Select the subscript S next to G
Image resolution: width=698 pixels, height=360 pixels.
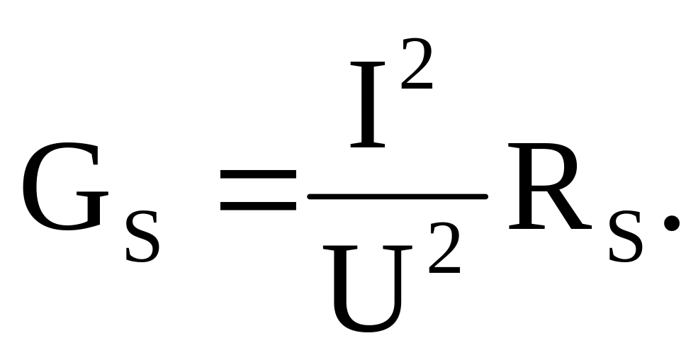point(142,237)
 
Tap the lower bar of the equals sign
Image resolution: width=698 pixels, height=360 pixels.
point(257,206)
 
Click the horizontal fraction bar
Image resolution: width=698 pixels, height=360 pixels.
point(397,194)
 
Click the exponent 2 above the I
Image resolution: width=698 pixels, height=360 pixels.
point(417,66)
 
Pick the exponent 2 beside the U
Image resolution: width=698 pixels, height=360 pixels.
point(444,252)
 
